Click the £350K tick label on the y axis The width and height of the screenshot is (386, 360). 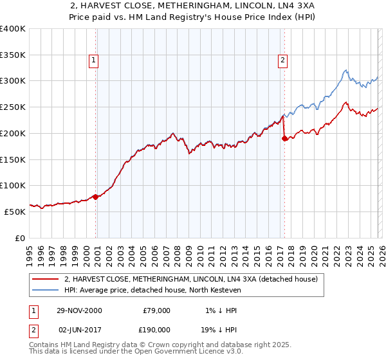click(x=13, y=55)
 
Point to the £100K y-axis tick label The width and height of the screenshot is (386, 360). click(x=13, y=185)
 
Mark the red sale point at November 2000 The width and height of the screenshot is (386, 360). click(x=96, y=197)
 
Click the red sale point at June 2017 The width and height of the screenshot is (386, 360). click(x=284, y=138)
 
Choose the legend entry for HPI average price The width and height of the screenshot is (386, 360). click(x=152, y=291)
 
